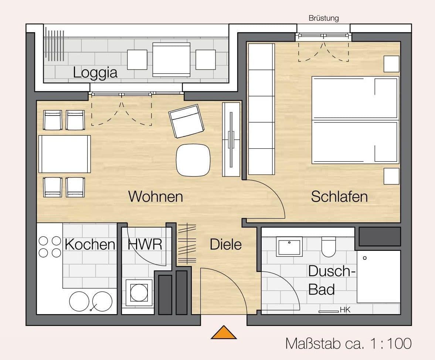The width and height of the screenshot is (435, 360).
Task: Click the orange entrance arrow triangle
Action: [x=224, y=333]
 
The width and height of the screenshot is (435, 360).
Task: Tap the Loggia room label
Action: [x=95, y=72]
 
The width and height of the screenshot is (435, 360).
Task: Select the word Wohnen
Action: [x=156, y=196]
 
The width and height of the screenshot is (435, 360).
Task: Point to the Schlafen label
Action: [x=339, y=196]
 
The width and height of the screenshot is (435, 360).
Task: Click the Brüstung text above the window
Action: [x=323, y=18]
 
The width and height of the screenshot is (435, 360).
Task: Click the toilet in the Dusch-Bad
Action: [x=328, y=247]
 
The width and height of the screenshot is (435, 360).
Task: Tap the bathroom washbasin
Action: [x=290, y=246]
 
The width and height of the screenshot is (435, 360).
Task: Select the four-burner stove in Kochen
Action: [x=50, y=247]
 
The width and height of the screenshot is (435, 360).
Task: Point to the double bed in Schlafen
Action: [x=355, y=120]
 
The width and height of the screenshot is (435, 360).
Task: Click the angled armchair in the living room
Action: [x=186, y=121]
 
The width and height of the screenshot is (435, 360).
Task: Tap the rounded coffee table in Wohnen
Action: [x=193, y=160]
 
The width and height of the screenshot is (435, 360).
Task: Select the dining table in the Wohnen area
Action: [x=65, y=154]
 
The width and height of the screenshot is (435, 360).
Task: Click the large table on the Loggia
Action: [x=171, y=60]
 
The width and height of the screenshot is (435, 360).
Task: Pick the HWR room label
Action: [x=145, y=245]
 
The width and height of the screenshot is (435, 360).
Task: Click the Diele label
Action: [x=226, y=244]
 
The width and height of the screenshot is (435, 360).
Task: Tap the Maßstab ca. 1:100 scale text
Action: [x=348, y=343]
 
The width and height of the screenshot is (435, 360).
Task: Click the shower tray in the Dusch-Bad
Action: [x=378, y=276]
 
